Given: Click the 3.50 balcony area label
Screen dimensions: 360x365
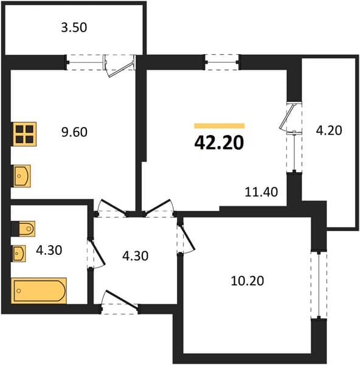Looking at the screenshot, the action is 74,27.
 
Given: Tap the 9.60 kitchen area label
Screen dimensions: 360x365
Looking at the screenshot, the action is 74,132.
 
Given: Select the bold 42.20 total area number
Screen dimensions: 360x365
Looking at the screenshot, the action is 219,142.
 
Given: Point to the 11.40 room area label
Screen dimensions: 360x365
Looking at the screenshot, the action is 261,192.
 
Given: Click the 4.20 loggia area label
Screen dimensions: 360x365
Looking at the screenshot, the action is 329,130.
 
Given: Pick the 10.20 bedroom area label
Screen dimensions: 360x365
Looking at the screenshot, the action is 247,280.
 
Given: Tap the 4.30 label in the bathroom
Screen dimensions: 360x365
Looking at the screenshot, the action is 49,250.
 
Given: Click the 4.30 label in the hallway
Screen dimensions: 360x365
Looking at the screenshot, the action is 135,256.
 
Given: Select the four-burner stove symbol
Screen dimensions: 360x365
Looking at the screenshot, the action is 25,134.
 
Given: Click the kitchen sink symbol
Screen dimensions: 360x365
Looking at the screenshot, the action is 21,176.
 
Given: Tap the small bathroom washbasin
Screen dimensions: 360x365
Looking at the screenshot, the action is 19,253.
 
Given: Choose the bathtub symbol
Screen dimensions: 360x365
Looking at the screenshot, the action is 39,291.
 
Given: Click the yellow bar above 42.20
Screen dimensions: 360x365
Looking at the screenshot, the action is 220,126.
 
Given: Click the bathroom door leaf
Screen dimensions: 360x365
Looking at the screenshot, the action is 97,252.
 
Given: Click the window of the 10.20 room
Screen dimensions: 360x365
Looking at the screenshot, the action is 319,285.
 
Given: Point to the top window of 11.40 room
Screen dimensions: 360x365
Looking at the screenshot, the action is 222,62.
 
